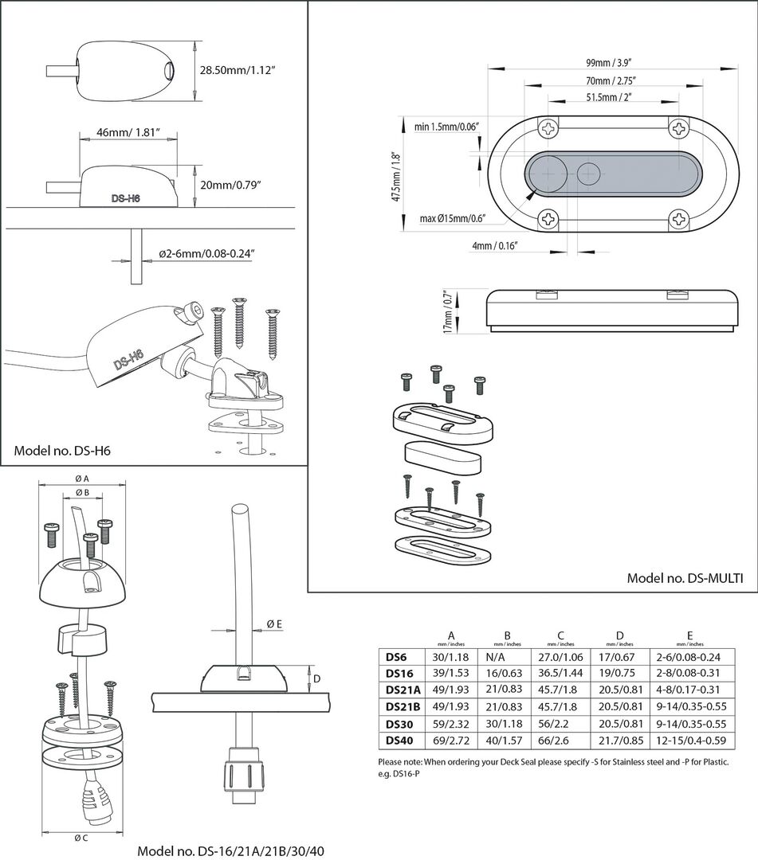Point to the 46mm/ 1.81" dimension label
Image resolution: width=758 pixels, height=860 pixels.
point(128,131)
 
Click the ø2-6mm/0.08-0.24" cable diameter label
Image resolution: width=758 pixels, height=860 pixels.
point(206,254)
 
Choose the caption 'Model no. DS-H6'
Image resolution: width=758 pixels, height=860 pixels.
point(62,451)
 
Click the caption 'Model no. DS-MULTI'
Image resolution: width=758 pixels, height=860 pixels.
point(685,579)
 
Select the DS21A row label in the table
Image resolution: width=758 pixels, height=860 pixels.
point(403,689)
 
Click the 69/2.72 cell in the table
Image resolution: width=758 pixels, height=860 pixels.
point(451,741)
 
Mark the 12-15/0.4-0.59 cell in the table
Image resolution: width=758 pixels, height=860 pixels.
point(690,741)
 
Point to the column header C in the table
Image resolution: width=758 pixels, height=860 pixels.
point(560,635)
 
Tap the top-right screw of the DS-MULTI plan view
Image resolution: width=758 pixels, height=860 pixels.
point(678,128)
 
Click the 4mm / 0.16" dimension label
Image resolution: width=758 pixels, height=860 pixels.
point(495,247)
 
